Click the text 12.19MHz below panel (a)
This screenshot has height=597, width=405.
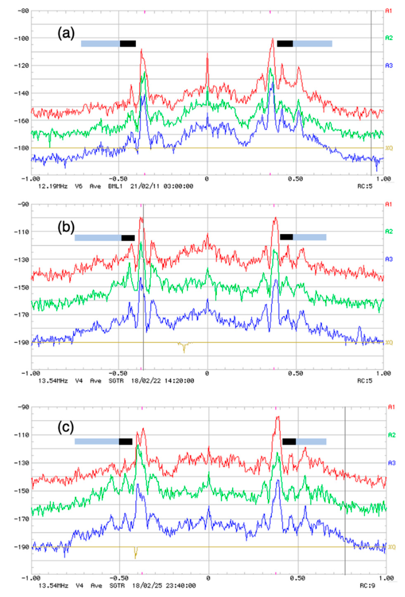pyautogui.click(x=53, y=186)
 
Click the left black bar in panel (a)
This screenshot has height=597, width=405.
pyautogui.click(x=128, y=44)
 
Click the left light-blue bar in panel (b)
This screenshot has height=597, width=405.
pyautogui.click(x=98, y=238)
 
